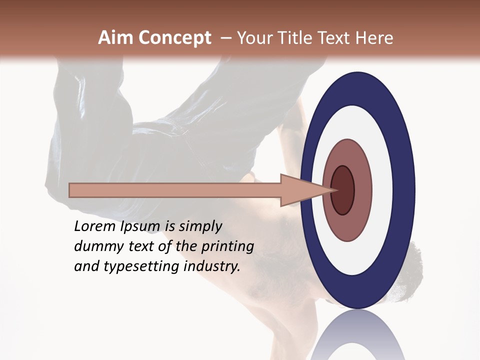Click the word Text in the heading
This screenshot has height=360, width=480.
pos(334,38)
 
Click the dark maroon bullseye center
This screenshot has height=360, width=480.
pos(342,190)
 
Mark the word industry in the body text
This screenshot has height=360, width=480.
pos(212,266)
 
